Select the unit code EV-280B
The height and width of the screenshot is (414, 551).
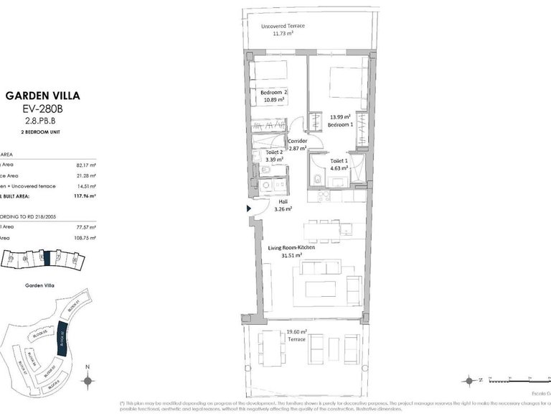(x=52, y=109)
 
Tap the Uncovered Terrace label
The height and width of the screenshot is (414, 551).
(x=283, y=26)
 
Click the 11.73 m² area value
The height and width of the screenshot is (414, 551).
(x=283, y=33)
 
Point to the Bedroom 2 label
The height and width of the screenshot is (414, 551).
(x=273, y=93)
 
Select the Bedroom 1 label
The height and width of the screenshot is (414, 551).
(x=339, y=124)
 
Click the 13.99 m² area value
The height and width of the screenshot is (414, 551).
(x=339, y=116)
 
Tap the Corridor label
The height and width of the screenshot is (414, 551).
(x=298, y=141)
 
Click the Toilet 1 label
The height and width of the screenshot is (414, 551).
(x=339, y=161)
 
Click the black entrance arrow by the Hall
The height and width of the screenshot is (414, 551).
(x=248, y=208)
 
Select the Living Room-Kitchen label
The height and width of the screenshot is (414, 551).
(x=292, y=247)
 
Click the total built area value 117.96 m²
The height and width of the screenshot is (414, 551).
(x=85, y=195)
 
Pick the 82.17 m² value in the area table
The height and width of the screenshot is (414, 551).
(x=85, y=165)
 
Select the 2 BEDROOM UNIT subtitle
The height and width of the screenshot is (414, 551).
(x=52, y=133)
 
